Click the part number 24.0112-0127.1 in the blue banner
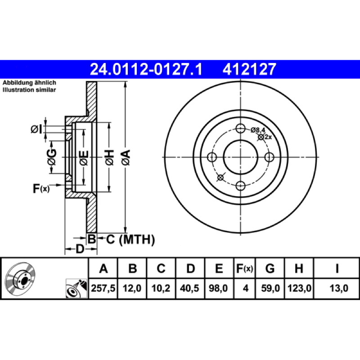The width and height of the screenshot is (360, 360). pos(146,69)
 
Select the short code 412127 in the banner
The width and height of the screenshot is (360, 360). pos(249,69)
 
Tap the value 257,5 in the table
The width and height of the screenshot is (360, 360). pos(103,288)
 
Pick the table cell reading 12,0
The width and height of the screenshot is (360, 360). pos(132,288)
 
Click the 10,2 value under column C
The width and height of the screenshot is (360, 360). pos(161,288)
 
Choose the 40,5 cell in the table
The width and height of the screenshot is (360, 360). pos(189,288)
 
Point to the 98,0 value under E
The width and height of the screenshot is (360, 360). pos(218,288)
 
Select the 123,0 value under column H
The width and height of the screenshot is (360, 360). pos(299,288)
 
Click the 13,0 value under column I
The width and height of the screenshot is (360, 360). pos(339,288)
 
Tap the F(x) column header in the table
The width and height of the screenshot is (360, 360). pos(244,268)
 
